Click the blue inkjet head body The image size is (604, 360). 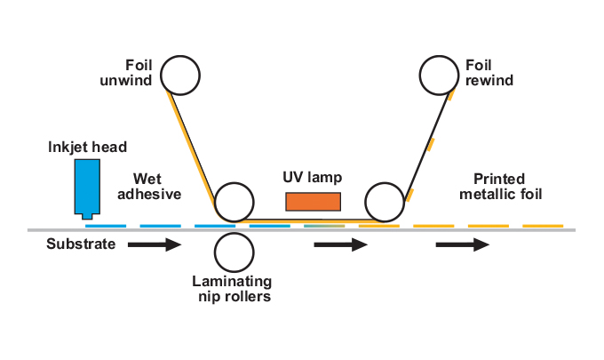point(86,185)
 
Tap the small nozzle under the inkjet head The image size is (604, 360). point(86,215)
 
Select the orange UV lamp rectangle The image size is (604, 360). point(313,201)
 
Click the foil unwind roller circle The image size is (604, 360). point(180,76)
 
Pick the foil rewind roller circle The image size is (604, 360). point(441,76)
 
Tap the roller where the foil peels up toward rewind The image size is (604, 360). point(386,202)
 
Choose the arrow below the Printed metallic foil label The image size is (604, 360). point(462,244)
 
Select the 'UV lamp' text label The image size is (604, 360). point(312,176)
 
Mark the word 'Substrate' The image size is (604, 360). point(81,244)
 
